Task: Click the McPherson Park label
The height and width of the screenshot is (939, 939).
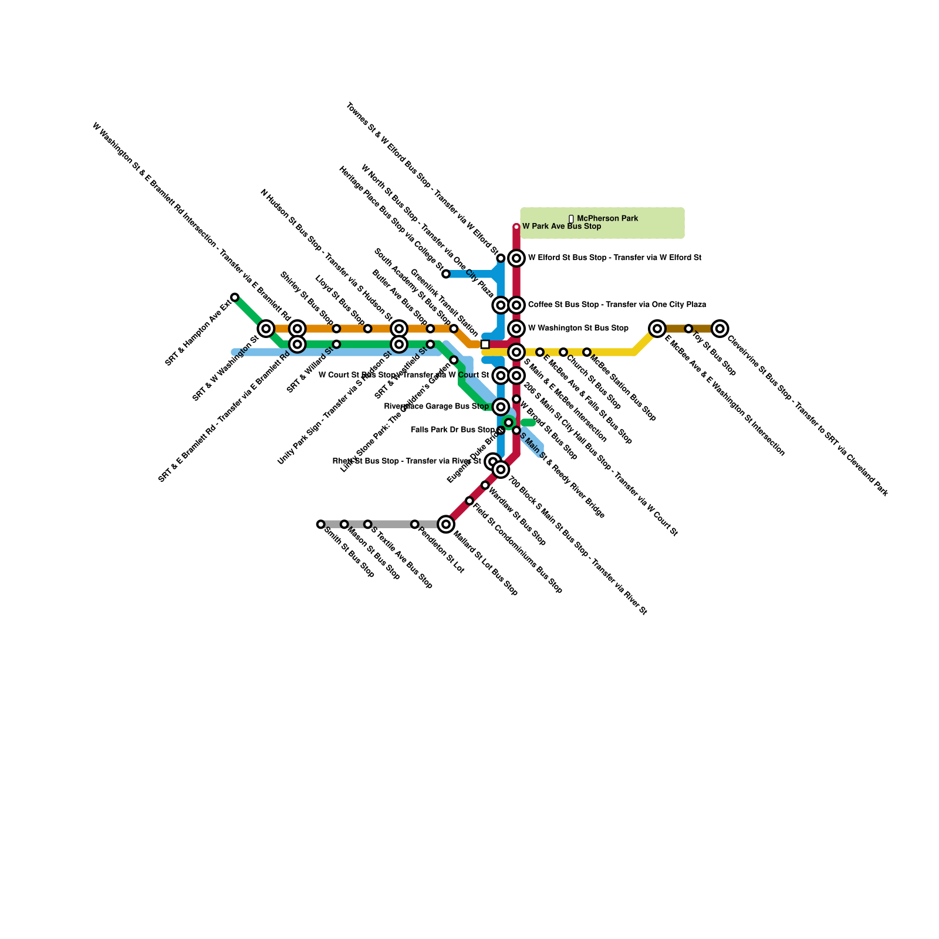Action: click(607, 218)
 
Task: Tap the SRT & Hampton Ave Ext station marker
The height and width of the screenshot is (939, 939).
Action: click(235, 298)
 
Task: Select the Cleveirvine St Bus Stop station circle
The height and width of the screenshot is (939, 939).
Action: click(720, 329)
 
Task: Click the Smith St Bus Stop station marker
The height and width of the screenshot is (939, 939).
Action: click(320, 524)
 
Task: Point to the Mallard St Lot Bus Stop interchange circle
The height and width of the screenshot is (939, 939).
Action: click(446, 524)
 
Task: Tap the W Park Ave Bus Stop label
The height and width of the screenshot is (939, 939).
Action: click(562, 227)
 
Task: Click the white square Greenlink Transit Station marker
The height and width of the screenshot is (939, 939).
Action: click(485, 344)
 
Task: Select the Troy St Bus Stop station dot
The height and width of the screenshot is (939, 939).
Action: click(688, 329)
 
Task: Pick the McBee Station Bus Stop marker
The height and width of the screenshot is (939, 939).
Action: click(586, 352)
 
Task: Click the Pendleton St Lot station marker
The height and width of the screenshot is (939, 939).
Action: click(414, 524)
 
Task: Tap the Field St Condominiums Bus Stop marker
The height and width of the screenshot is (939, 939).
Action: click(469, 501)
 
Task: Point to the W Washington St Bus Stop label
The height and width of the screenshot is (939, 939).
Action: click(578, 328)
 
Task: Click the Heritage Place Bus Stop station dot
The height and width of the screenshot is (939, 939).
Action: click(446, 274)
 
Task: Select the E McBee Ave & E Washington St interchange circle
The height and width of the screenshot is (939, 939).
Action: click(657, 329)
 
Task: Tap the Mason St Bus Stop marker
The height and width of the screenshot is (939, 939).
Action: click(344, 524)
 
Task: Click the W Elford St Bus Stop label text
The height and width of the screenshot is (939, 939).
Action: click(614, 258)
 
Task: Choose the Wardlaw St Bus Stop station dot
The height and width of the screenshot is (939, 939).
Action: click(485, 485)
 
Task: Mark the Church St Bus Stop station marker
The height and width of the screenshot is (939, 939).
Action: click(563, 352)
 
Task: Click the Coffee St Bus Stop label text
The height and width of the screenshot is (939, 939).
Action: click(617, 305)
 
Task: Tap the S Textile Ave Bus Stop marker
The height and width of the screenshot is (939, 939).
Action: click(367, 524)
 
